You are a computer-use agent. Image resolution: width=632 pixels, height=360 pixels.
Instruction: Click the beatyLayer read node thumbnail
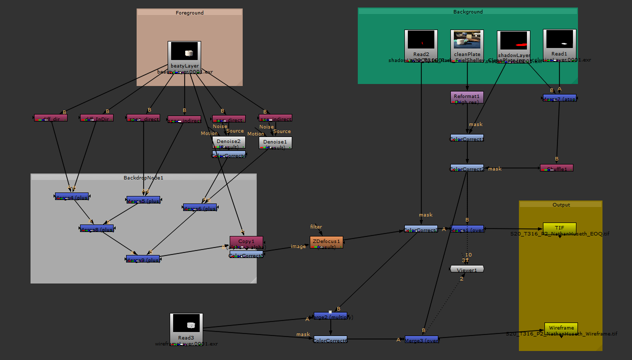pos(184,52)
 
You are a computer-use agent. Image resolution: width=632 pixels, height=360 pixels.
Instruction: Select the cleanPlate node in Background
pos(467,40)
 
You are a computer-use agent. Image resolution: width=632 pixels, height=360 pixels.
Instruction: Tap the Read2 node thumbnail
pos(421,40)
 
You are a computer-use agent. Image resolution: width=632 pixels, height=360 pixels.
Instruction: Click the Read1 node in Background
pos(559,40)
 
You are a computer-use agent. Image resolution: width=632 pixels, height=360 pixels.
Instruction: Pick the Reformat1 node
pos(467,97)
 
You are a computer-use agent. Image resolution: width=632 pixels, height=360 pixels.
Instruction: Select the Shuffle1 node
pos(556,168)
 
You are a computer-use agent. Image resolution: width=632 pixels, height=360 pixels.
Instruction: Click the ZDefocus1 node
pos(326,242)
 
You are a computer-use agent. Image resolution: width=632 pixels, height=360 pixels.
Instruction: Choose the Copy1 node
pos(246,242)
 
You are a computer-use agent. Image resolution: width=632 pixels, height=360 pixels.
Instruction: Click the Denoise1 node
pos(275,142)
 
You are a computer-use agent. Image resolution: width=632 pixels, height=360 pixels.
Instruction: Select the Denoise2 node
pos(229,142)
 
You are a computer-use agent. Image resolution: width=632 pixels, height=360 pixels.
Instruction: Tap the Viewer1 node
pos(467,269)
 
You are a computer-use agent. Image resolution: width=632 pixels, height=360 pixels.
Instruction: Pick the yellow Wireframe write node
pos(561,328)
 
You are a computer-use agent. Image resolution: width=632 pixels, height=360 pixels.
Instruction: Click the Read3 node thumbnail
pos(186,325)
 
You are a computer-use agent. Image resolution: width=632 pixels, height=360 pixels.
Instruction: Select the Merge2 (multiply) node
pos(330,316)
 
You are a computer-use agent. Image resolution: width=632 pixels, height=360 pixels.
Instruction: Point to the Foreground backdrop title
pos(190,12)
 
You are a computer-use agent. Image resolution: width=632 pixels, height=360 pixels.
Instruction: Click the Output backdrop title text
pos(561,204)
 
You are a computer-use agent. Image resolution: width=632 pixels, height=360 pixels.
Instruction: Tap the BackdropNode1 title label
pos(144,177)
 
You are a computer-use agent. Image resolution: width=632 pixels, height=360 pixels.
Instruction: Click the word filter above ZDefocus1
pos(316,227)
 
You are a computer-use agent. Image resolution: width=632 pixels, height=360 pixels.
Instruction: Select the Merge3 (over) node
pos(421,339)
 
